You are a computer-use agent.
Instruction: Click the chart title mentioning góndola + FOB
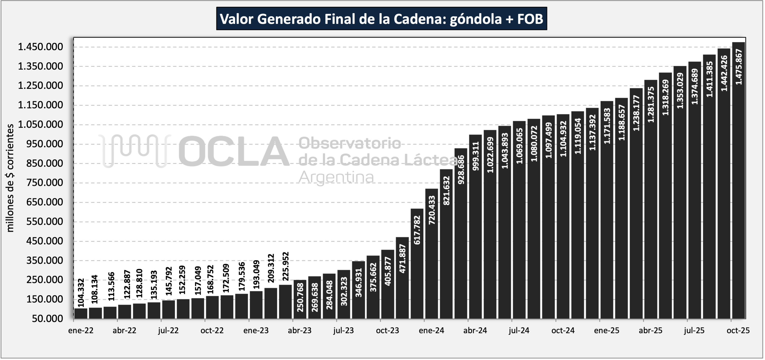(381, 19)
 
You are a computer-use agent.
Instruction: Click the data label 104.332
(81, 292)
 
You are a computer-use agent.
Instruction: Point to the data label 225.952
(285, 266)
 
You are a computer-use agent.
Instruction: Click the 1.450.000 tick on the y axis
(45, 47)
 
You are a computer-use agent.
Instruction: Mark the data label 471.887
(402, 259)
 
